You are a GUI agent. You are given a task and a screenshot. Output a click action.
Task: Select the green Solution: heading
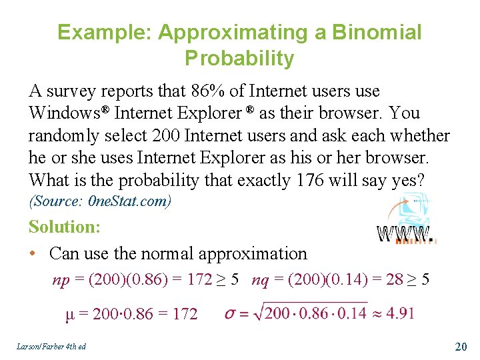coord(65,227)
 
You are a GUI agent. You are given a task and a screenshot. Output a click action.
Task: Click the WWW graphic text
coord(406,233)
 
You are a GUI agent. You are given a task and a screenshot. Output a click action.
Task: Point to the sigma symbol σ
coord(229,313)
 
